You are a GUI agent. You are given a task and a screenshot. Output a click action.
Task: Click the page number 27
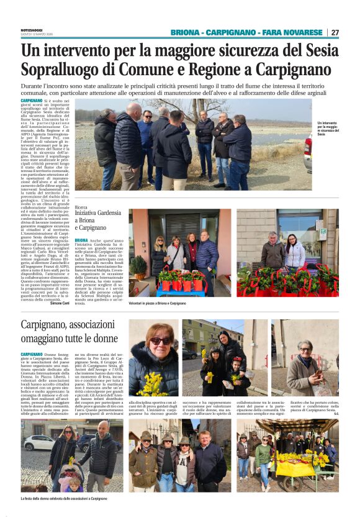[x=335, y=32]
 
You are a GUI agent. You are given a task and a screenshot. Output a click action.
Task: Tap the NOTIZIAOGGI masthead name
[x=32, y=29]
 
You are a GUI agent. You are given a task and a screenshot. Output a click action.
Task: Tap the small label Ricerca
[x=81, y=207]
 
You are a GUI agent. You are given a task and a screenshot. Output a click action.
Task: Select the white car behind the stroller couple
[x=37, y=443]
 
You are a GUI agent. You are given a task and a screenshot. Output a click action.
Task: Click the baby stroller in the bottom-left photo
[x=72, y=478]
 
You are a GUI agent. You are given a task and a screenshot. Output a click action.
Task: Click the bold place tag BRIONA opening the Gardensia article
[x=81, y=240]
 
